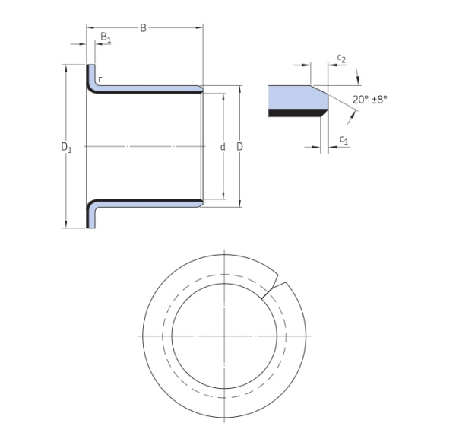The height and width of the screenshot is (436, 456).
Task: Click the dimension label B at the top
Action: tap(143, 29)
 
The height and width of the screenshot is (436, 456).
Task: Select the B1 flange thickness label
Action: tap(105, 37)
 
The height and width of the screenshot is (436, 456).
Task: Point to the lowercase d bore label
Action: tap(223, 146)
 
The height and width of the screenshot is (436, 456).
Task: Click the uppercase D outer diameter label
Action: tap(240, 146)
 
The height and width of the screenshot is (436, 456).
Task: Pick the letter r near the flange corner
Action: tap(100, 79)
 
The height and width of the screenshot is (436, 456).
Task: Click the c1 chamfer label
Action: tap(344, 140)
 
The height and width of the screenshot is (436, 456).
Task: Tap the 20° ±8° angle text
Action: tap(369, 99)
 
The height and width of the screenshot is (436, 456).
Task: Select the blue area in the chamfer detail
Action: tap(293, 97)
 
